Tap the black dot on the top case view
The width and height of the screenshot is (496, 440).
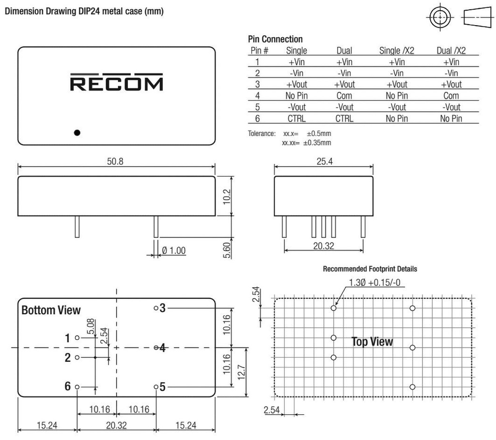click(77, 132)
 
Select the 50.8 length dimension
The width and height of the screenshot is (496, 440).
click(115, 161)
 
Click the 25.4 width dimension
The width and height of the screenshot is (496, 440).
click(324, 161)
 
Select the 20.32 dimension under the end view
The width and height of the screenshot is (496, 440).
click(324, 246)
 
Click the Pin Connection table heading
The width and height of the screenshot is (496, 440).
click(275, 39)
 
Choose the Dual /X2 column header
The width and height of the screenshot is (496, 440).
click(451, 50)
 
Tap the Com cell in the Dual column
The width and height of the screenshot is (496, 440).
click(344, 96)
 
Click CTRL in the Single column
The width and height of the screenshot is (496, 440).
click(296, 118)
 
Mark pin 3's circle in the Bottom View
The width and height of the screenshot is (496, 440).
click(156, 308)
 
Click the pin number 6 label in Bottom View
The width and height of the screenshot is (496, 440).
click(68, 386)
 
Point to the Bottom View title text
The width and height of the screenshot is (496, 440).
click(51, 310)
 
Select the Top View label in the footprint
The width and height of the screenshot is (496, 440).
click(372, 342)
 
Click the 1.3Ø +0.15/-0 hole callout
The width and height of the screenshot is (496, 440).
click(374, 282)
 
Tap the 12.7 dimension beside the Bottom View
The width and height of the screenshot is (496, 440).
click(242, 372)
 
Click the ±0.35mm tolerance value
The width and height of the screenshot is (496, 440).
click(317, 143)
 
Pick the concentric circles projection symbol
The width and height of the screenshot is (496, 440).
click(439, 18)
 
